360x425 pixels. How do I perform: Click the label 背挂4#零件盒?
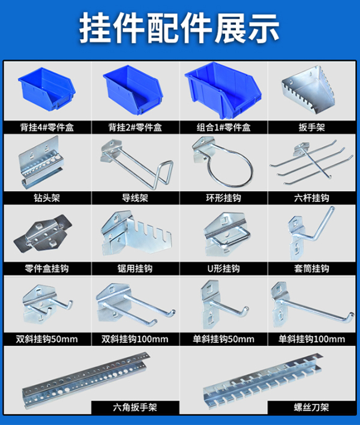[47, 128]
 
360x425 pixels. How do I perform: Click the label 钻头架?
[47, 197]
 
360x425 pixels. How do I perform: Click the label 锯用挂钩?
[135, 268]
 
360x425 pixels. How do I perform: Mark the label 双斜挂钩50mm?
[47, 339]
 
